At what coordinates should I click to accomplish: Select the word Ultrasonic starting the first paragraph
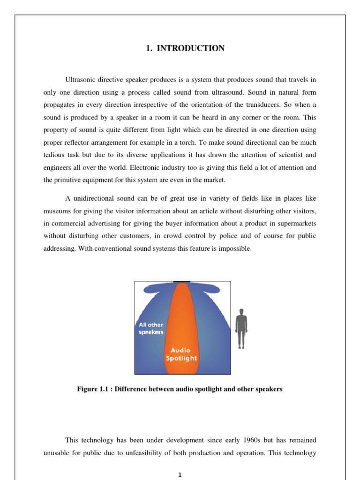[x=80, y=80]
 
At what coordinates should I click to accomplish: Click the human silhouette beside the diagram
[x=241, y=328]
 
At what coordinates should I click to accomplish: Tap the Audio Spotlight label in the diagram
[x=180, y=354]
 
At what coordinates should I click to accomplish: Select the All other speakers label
[x=151, y=329]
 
